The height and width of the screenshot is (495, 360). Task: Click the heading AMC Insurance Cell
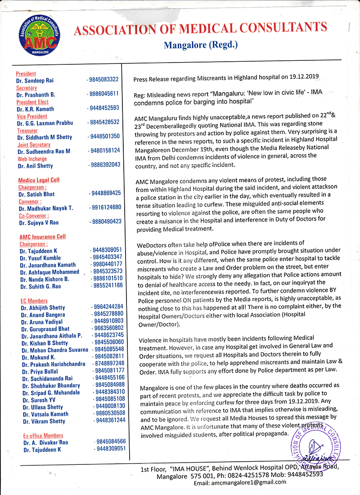pyautogui.click(x=42, y=237)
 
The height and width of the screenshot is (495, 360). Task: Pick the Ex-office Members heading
pyautogui.click(x=43, y=436)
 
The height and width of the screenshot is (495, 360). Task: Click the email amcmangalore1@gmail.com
pyautogui.click(x=240, y=482)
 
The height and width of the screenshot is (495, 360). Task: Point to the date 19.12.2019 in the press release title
pyautogui.click(x=302, y=78)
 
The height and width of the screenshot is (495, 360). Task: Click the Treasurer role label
pyautogui.click(x=28, y=130)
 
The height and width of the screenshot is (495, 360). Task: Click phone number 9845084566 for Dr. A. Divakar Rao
pyautogui.click(x=110, y=442)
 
